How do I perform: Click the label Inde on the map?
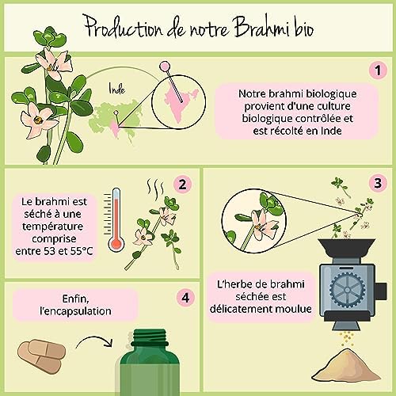tap(116, 102)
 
